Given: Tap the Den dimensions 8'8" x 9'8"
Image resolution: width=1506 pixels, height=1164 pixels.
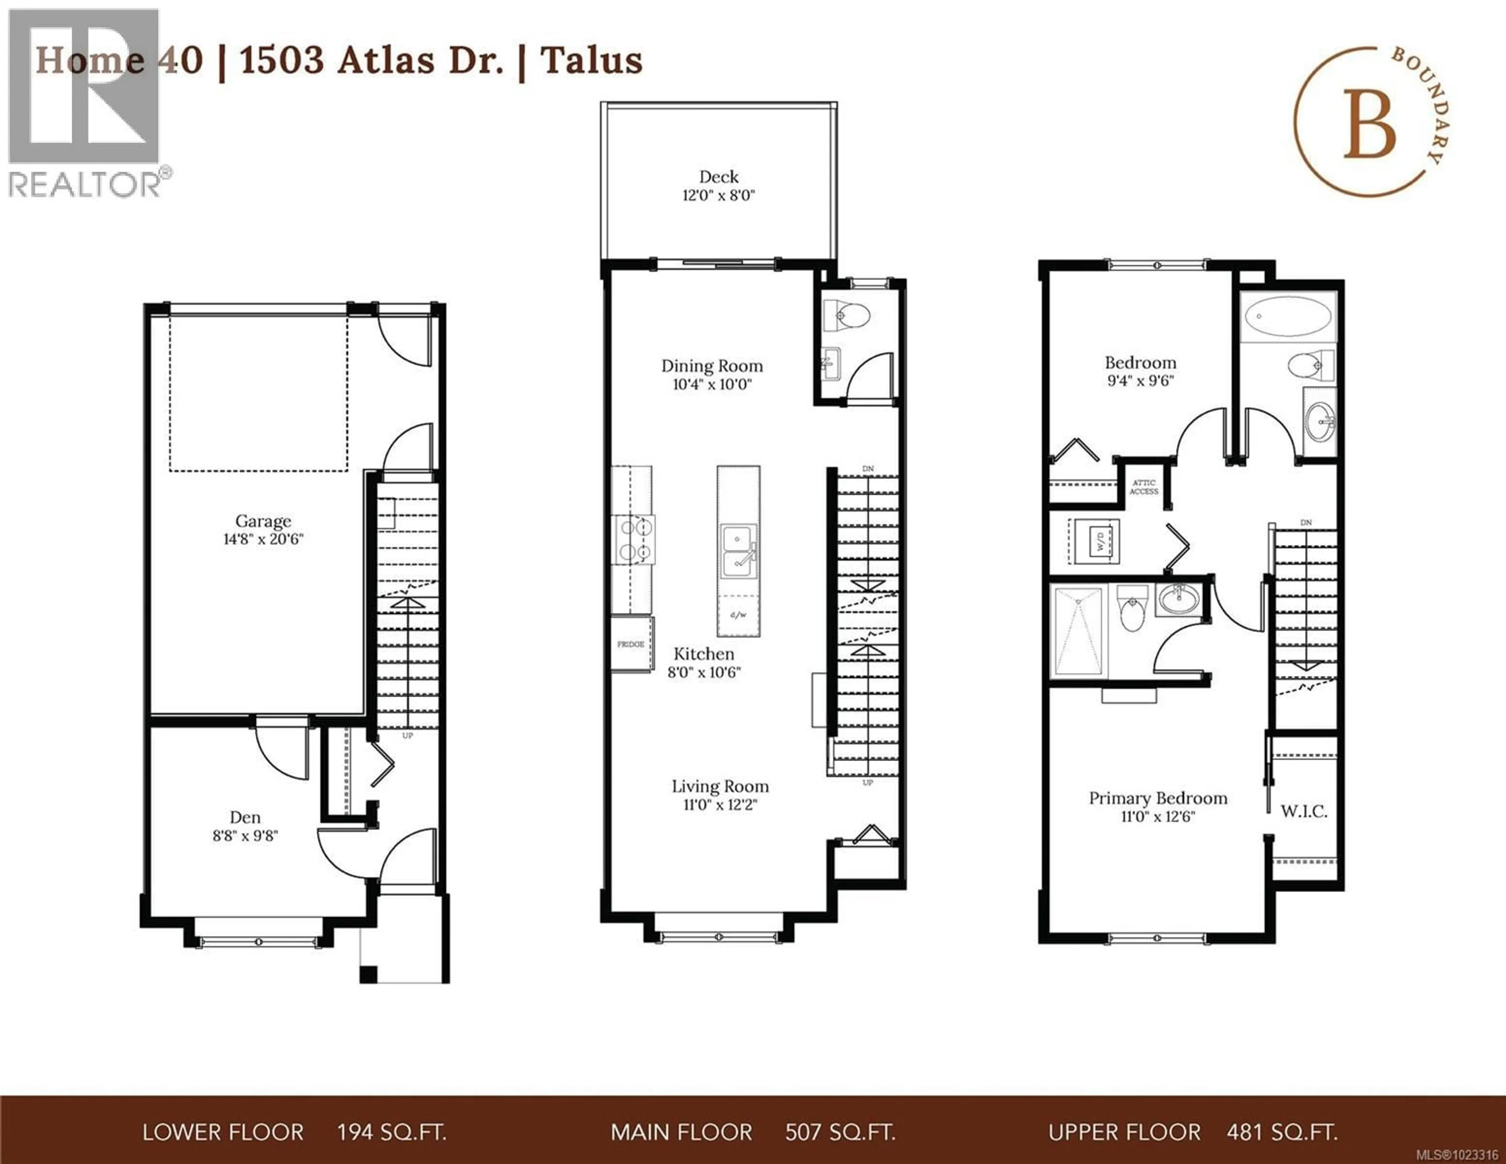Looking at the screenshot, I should (245, 836).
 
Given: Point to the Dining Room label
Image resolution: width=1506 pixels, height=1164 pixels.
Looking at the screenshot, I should (712, 366).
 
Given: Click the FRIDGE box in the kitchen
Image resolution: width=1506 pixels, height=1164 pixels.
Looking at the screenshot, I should (630, 644).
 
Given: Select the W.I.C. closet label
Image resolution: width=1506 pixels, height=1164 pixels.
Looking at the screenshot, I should (1303, 811).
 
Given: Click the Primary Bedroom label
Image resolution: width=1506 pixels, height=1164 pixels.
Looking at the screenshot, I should (1158, 798).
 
